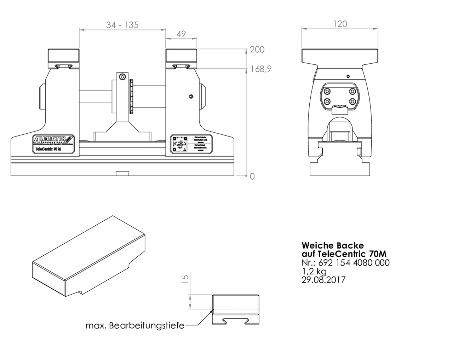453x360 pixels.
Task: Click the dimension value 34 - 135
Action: (122, 25)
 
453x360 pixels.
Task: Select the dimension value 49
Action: (181, 34)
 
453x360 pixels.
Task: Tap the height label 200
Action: (257, 50)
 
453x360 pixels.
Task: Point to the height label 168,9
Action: (261, 69)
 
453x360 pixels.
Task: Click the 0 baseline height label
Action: (252, 176)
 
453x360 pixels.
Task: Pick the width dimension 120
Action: (340, 24)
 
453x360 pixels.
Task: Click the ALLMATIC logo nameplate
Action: (53, 144)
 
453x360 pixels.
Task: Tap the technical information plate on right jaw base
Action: (191, 144)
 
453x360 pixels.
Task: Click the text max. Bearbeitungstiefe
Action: (135, 326)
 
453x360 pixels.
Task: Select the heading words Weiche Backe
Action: (332, 245)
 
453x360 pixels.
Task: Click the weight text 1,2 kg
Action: (314, 271)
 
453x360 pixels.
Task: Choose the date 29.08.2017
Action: (323, 280)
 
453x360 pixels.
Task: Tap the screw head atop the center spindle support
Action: (122, 77)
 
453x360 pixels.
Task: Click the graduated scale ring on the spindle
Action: (132, 96)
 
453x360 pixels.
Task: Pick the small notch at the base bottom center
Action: (122, 173)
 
